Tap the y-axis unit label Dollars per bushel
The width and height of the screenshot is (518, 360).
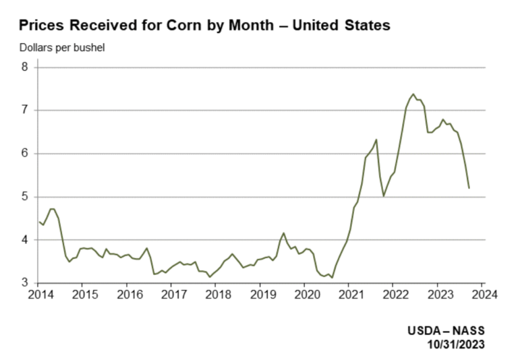tap(62, 48)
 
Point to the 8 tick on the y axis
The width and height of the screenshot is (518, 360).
tap(24, 67)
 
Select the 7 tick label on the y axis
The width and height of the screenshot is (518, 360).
tap(24, 111)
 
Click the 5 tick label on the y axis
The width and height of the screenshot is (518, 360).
tap(24, 197)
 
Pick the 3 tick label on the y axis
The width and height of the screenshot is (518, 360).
tap(24, 283)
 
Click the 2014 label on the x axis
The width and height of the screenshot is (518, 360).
tap(38, 295)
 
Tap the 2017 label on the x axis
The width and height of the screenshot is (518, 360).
tap(172, 295)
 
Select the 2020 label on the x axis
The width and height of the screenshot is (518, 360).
tap(306, 295)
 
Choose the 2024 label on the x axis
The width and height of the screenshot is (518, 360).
tap(484, 295)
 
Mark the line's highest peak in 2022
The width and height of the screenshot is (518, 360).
tap(413, 94)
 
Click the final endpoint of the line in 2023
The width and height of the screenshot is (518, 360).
tap(469, 187)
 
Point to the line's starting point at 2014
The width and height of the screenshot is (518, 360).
tap(38, 221)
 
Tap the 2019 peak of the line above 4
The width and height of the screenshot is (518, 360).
tap(284, 233)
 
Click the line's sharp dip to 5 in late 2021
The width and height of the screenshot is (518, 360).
tap(384, 196)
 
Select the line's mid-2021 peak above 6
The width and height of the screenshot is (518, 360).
tap(376, 140)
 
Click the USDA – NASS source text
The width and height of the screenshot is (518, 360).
tap(446, 331)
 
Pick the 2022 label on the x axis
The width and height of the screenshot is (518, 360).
tap(395, 295)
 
